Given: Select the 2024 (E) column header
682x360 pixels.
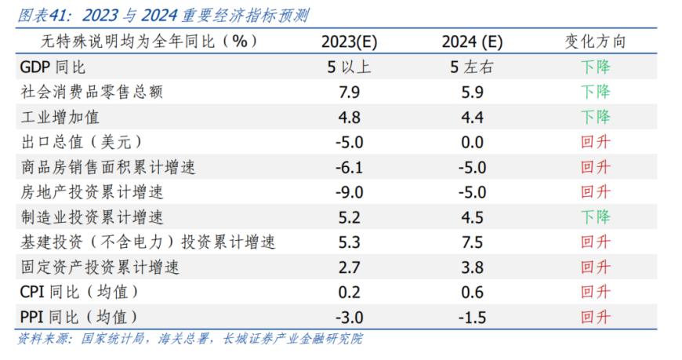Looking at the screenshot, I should tap(471, 42).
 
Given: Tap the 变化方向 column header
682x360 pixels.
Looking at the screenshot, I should tap(595, 42).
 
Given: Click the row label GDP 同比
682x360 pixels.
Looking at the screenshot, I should tap(53, 67).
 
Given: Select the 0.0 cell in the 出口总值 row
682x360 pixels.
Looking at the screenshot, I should tap(473, 143).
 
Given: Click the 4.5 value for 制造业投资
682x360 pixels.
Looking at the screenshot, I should tap(473, 217).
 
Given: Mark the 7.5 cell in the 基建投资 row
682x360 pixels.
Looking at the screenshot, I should tap(473, 242).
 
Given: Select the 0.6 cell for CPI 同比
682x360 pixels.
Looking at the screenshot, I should tap(473, 292).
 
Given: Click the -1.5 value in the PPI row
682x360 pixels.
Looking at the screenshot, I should tap(471, 317).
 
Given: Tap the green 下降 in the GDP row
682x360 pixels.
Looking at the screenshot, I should tap(595, 67).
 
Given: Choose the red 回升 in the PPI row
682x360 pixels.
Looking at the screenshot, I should tap(595, 317).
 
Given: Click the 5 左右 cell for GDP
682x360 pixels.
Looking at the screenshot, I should tap(471, 67).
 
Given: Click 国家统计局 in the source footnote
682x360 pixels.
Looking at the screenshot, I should tap(104, 339).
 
